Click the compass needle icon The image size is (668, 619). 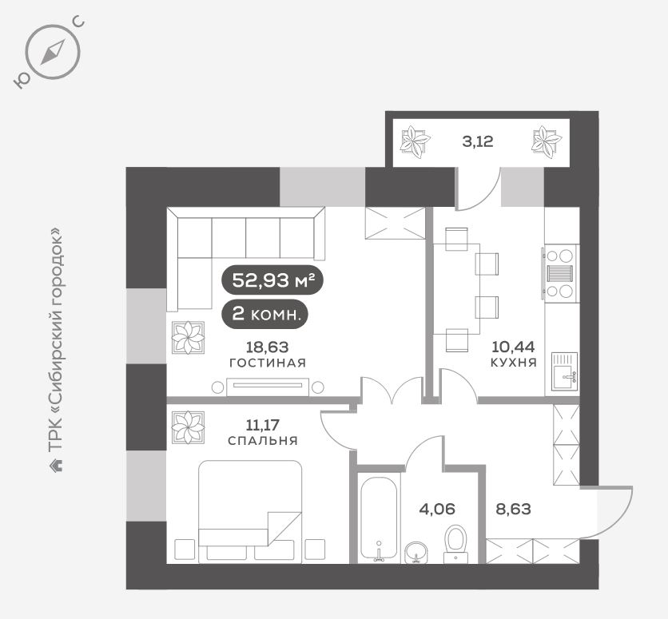pos(53,52)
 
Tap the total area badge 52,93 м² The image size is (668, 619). pos(272,280)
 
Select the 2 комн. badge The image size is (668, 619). pos(265,315)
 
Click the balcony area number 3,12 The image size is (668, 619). pos(478,141)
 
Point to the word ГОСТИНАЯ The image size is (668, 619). pos(268,363)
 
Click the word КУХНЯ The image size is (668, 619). pos(513,363)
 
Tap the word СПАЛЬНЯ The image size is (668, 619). pos(263,441)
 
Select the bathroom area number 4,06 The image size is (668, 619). pos(437,508)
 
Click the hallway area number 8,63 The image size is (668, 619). pos(513,508)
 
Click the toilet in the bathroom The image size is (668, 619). pos(455,544)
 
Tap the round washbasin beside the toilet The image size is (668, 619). pos(416,553)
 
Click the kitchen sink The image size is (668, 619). pos(564,371)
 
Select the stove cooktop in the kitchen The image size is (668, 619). pos(560,273)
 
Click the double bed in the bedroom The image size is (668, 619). pos(251,511)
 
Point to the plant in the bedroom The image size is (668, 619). pos(188,427)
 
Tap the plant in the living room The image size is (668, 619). pos(188,338)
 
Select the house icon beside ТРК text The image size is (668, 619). pos(56,465)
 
